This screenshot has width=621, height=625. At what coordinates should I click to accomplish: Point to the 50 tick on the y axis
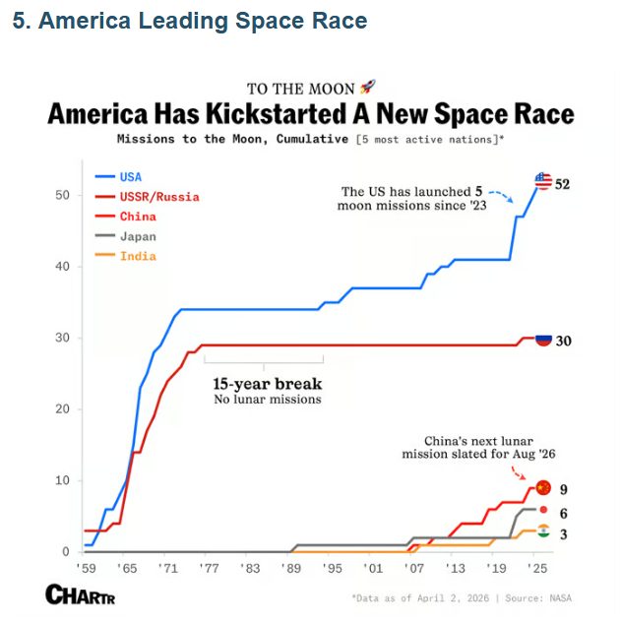pos(61,195)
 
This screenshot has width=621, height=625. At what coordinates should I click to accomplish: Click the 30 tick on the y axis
pos(61,338)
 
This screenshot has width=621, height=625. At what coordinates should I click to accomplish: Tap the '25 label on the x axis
pos(536,569)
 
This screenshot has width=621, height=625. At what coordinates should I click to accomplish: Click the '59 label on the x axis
pos(87,569)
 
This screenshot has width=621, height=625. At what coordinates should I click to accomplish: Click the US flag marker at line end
pos(543,181)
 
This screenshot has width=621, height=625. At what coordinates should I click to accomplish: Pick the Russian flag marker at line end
pos(543,340)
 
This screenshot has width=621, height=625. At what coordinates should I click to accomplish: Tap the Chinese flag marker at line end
pos(543,488)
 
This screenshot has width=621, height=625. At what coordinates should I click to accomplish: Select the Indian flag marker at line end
pos(543,531)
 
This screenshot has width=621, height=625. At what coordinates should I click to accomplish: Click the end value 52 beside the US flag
pos(563,184)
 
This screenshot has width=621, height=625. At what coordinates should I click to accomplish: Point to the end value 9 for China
pos(563,489)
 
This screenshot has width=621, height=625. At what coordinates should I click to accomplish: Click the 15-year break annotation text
pos(268,384)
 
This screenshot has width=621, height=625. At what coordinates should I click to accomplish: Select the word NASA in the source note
pos(558,597)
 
